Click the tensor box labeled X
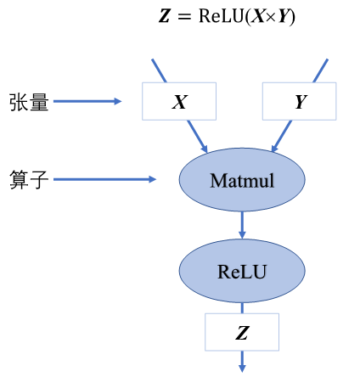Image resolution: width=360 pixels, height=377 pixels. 179,103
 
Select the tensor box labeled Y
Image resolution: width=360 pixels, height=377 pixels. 300,103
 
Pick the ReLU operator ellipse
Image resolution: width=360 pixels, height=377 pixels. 242,272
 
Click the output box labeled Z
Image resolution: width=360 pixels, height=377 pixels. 242,332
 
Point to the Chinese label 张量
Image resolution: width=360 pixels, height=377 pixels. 27,103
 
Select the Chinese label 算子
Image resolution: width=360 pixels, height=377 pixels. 27,179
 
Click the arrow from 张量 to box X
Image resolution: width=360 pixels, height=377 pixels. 89,103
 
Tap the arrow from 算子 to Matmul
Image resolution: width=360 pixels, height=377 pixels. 106,179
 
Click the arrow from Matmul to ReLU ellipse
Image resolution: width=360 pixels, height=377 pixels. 242,224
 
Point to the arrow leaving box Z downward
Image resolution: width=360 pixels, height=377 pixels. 242,361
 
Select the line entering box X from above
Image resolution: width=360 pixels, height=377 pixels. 160,71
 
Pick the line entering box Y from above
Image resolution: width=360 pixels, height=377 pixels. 320,71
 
